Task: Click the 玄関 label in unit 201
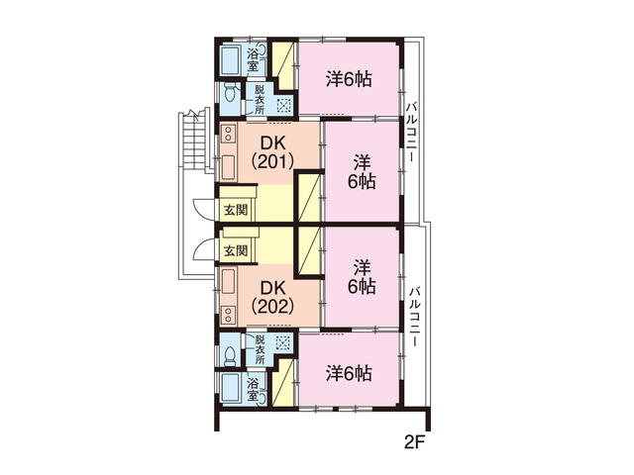pyautogui.click(x=235, y=210)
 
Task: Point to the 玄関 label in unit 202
pyautogui.click(x=235, y=249)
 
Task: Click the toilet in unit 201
pyautogui.click(x=230, y=96)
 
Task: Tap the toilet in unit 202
pyautogui.click(x=230, y=353)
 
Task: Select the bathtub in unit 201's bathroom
pyautogui.click(x=232, y=60)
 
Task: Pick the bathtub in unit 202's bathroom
pyautogui.click(x=232, y=388)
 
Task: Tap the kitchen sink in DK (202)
pyautogui.click(x=228, y=279)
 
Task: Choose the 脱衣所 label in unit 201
pyautogui.click(x=260, y=99)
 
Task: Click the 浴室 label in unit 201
pyautogui.click(x=253, y=58)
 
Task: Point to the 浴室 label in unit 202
pyautogui.click(x=253, y=389)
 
